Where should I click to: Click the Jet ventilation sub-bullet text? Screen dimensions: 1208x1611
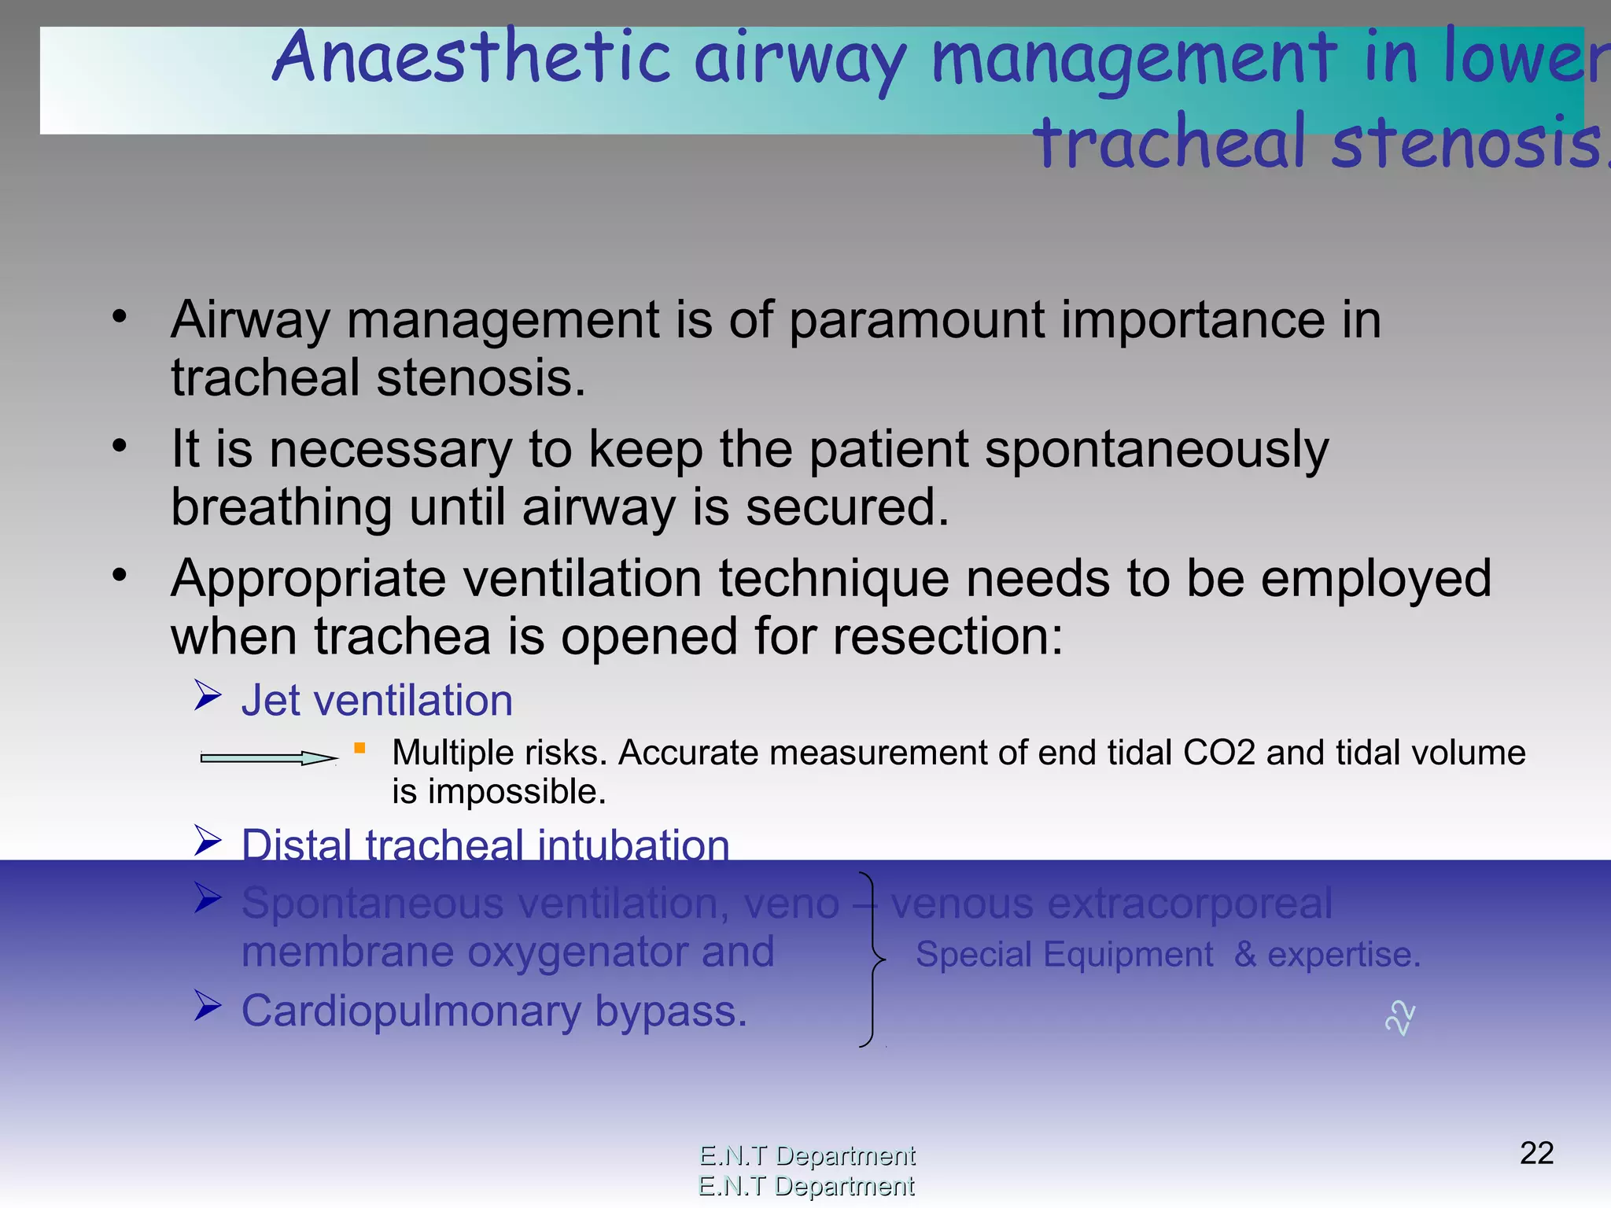tap(377, 700)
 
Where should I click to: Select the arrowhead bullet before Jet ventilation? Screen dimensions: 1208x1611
tap(208, 696)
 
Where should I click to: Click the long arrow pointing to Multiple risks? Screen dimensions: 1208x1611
tap(267, 757)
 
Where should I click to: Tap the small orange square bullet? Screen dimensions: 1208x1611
tap(359, 748)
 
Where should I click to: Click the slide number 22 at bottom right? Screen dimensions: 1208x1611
tap(1536, 1154)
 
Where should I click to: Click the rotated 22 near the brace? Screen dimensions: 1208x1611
tap(1399, 1018)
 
